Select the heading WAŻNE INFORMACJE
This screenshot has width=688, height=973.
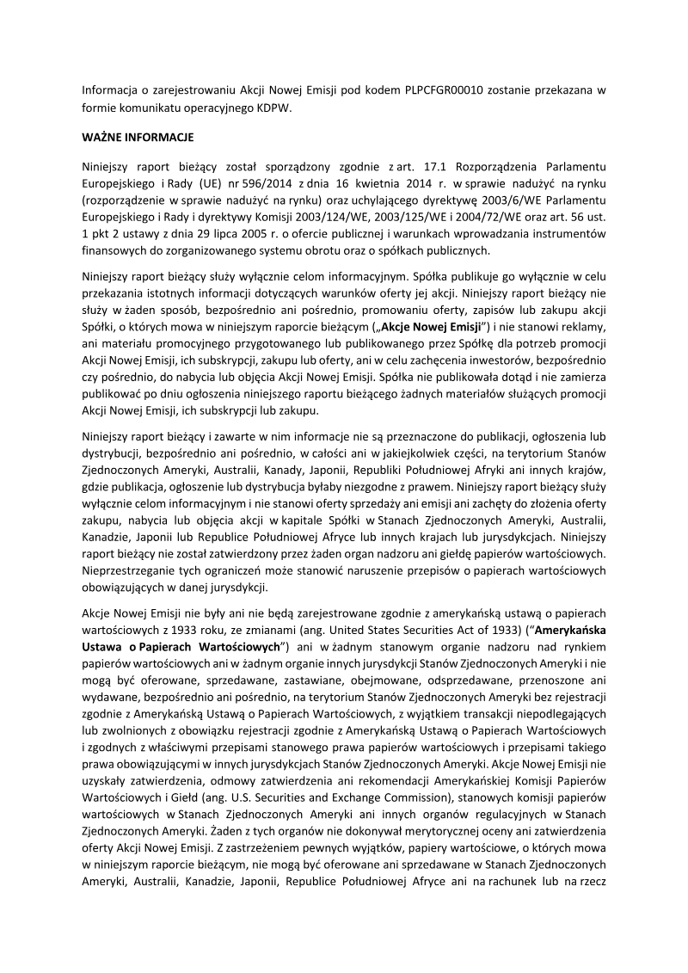tap(138, 137)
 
